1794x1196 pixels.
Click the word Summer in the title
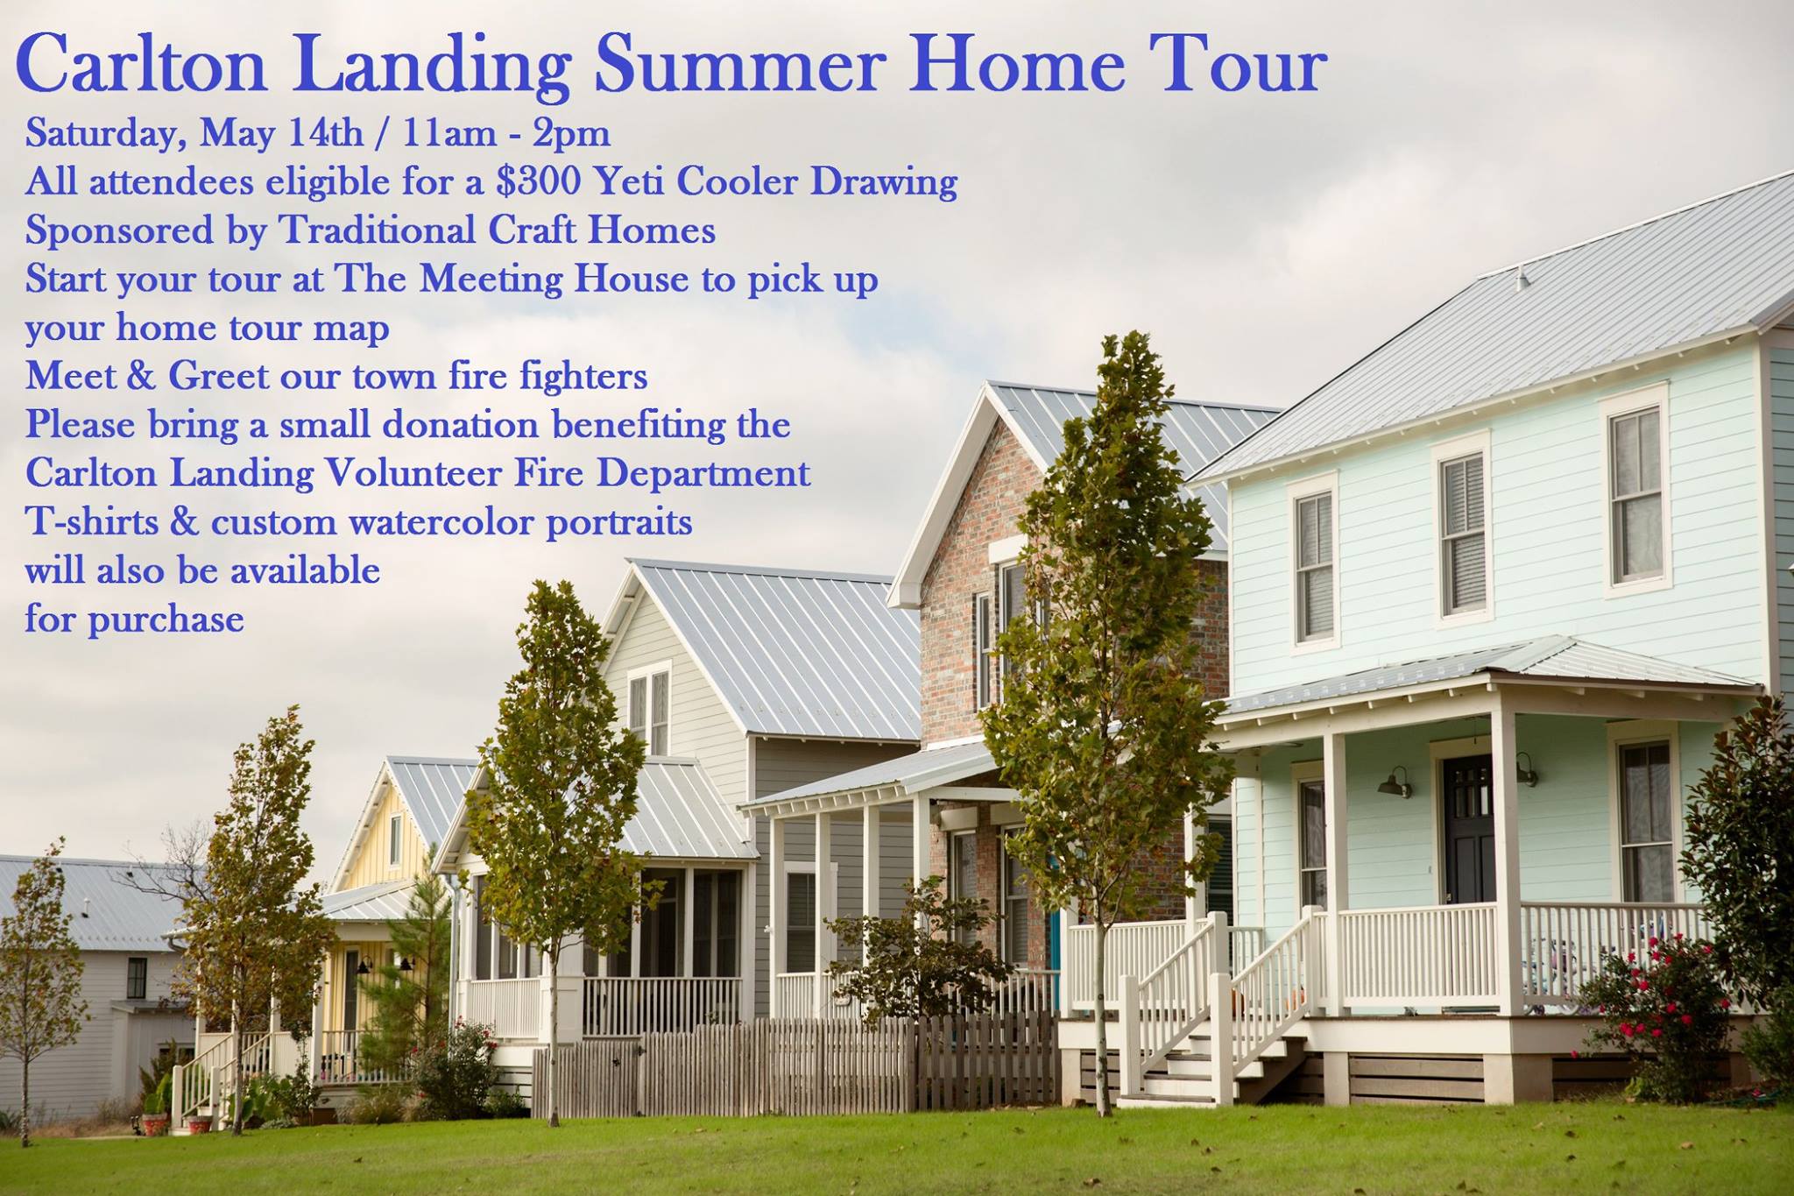(x=740, y=64)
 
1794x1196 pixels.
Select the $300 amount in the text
(x=538, y=180)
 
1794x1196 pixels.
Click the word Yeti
(x=629, y=180)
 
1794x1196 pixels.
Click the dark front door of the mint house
(x=1468, y=829)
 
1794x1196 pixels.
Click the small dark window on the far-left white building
(x=136, y=978)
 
